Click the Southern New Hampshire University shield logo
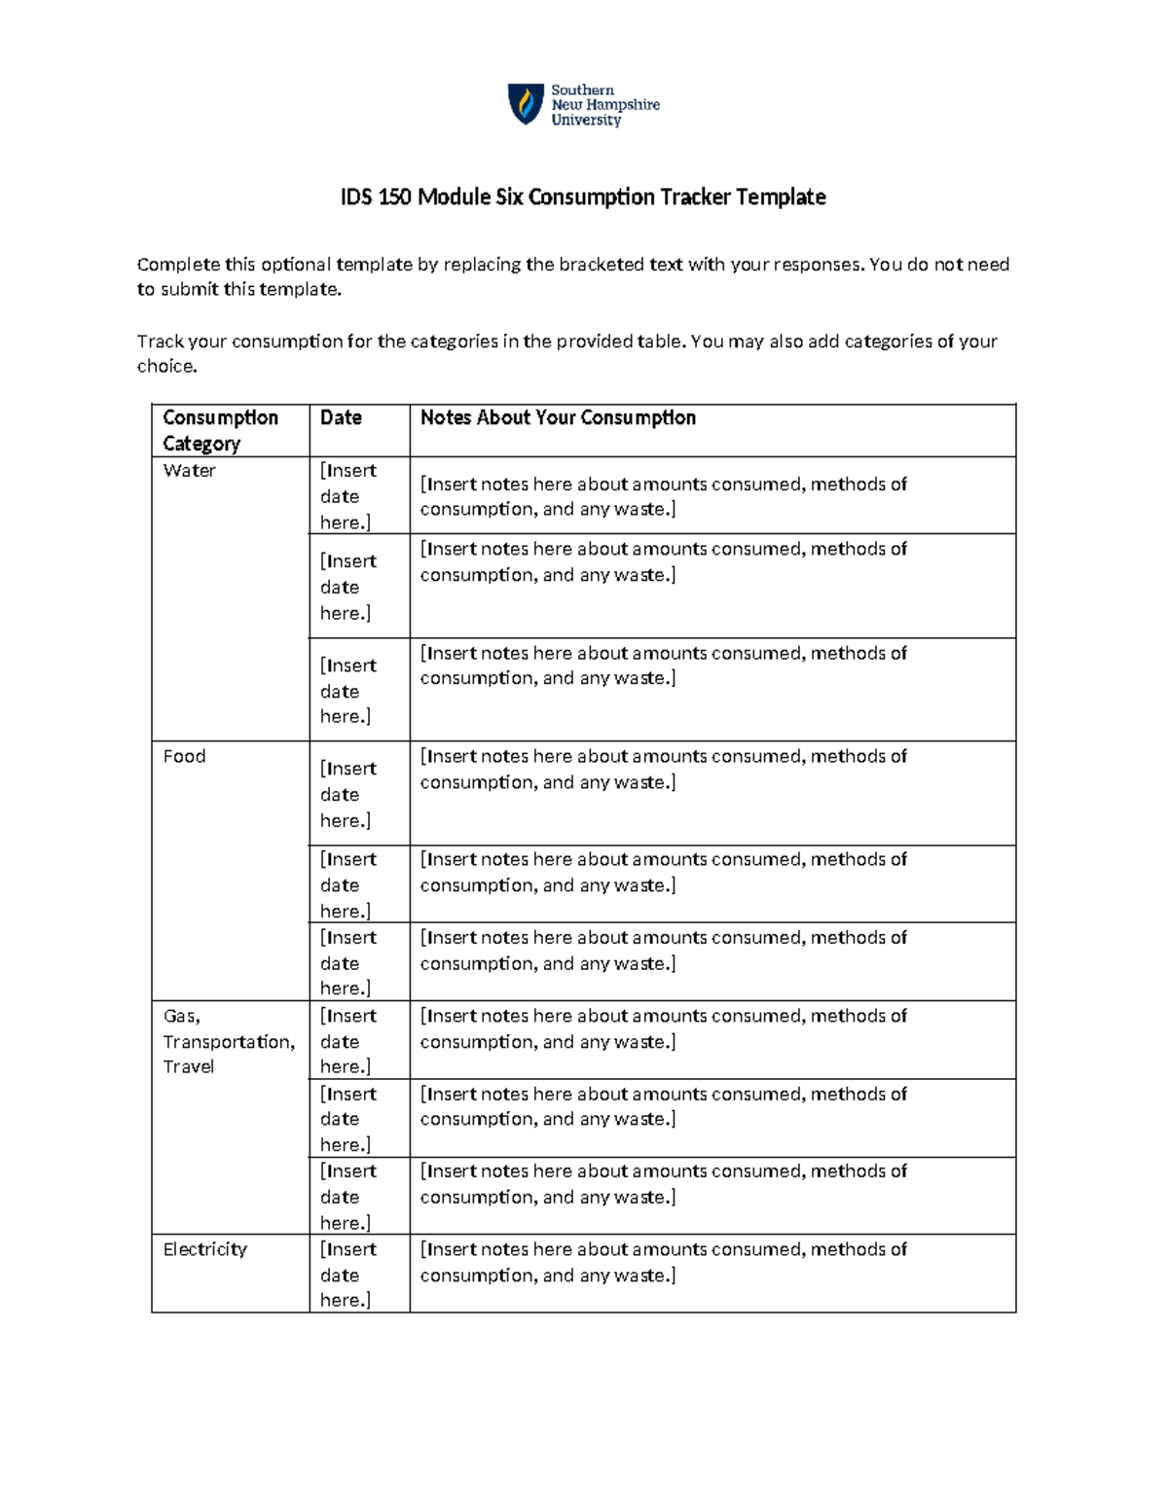pos(526,104)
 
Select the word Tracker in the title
pos(695,198)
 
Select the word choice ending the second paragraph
pos(166,367)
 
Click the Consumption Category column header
pos(220,430)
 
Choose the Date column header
pos(341,418)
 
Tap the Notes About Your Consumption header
pos(558,418)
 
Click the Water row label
pos(190,471)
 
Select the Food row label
pos(184,757)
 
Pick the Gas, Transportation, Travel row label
pos(229,1041)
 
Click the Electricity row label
pos(204,1249)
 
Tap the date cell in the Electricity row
pos(347,1275)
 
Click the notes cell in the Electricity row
pos(663,1262)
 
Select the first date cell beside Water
pos(347,496)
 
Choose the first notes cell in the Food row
pos(663,770)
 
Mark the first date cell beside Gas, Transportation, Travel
pos(347,1041)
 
